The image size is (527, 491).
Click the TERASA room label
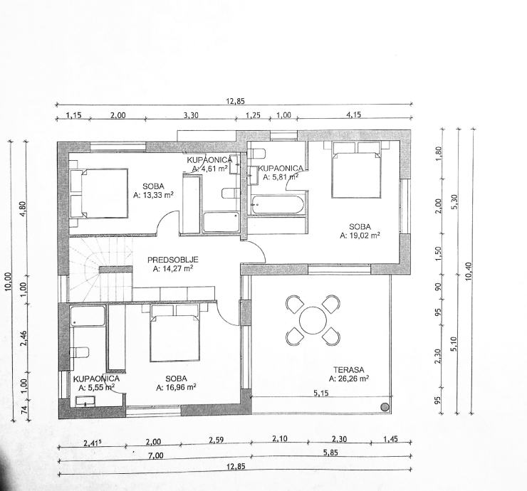[x=348, y=370]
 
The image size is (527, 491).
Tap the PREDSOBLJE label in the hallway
[x=173, y=260]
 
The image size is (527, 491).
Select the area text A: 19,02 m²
[x=360, y=236]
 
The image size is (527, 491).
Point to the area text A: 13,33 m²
[x=153, y=195]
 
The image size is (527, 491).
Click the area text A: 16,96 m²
[x=176, y=387]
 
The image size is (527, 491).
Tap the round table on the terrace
[x=313, y=320]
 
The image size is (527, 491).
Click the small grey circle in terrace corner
[x=385, y=407]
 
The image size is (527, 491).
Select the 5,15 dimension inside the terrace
[x=321, y=393]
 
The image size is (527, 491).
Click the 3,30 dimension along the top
[x=191, y=115]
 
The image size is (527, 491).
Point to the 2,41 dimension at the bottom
[x=92, y=443]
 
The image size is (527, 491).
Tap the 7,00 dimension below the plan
[x=155, y=455]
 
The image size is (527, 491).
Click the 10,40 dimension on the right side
[x=469, y=271]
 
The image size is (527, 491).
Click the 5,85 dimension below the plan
[x=330, y=453]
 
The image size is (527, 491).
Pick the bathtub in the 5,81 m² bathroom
[x=277, y=204]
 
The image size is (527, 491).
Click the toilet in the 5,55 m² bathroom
[x=80, y=353]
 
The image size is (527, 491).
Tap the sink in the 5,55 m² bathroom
[x=85, y=401]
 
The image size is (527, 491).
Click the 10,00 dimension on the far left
[x=9, y=281]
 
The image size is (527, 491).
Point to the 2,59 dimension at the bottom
[x=216, y=440]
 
